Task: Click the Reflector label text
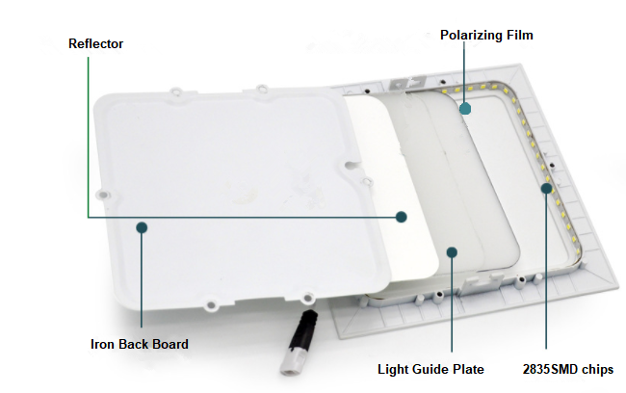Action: tap(96, 44)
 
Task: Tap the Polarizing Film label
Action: tap(486, 35)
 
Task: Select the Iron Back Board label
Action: tap(139, 344)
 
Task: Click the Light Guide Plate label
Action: tap(430, 368)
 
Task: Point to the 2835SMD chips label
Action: tap(567, 368)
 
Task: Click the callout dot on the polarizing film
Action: tap(465, 108)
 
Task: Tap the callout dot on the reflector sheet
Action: tap(402, 216)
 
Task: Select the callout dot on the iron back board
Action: tap(142, 227)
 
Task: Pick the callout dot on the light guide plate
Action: tap(452, 251)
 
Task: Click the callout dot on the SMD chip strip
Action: tap(546, 189)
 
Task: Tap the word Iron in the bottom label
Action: tap(103, 344)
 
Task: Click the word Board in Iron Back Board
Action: tap(170, 344)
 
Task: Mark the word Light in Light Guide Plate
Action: tap(393, 368)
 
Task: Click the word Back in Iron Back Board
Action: tap(133, 344)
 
